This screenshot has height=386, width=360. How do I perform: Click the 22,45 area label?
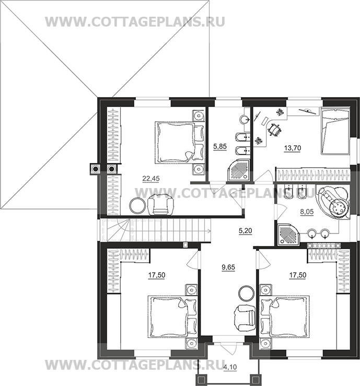(150, 179)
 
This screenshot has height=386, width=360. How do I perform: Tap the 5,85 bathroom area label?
(219, 147)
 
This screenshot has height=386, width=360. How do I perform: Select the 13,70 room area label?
(292, 148)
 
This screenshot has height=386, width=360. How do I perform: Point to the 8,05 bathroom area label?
(307, 212)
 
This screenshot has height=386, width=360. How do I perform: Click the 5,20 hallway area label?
(245, 231)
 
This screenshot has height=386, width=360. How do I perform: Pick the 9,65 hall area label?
(228, 267)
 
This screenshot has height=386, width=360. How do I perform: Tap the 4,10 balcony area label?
(230, 367)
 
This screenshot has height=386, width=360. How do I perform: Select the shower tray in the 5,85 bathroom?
(239, 169)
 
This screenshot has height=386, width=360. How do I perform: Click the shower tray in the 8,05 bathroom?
(288, 235)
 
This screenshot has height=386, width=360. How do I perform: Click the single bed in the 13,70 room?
(335, 132)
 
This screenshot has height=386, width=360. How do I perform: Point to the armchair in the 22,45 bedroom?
(160, 204)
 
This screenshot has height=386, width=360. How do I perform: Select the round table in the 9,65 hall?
(246, 293)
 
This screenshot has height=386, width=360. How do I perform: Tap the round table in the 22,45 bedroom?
(137, 206)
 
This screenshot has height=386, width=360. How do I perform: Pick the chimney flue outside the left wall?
(95, 169)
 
